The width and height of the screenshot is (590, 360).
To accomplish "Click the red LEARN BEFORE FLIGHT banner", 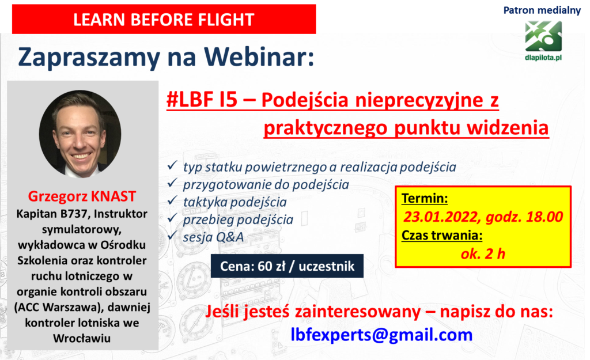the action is click(x=164, y=19).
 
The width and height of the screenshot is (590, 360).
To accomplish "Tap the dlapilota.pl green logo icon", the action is click(x=543, y=36).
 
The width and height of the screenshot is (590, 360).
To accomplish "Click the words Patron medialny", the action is click(x=542, y=10).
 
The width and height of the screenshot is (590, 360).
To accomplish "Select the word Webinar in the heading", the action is click(x=259, y=57).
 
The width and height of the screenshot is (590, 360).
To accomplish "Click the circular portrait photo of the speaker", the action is click(x=80, y=134).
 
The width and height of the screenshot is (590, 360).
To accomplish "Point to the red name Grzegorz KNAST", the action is click(x=82, y=196).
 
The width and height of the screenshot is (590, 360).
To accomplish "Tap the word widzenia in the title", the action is click(x=508, y=127).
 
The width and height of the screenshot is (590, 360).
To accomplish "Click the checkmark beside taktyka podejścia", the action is click(x=172, y=200).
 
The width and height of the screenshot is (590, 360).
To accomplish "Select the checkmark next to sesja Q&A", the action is click(x=172, y=235).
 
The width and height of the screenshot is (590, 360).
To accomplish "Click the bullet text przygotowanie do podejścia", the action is click(x=266, y=185).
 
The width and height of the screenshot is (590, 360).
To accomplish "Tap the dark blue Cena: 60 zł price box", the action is click(x=287, y=266).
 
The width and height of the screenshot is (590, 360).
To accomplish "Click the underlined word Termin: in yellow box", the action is click(x=425, y=198).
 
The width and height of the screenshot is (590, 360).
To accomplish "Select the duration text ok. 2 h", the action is click(x=483, y=254).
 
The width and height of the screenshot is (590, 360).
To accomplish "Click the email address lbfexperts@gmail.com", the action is click(x=381, y=335).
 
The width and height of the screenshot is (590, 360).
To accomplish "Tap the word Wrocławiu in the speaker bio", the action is click(x=82, y=338).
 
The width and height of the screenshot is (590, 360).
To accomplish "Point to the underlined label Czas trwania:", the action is click(x=442, y=236).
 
